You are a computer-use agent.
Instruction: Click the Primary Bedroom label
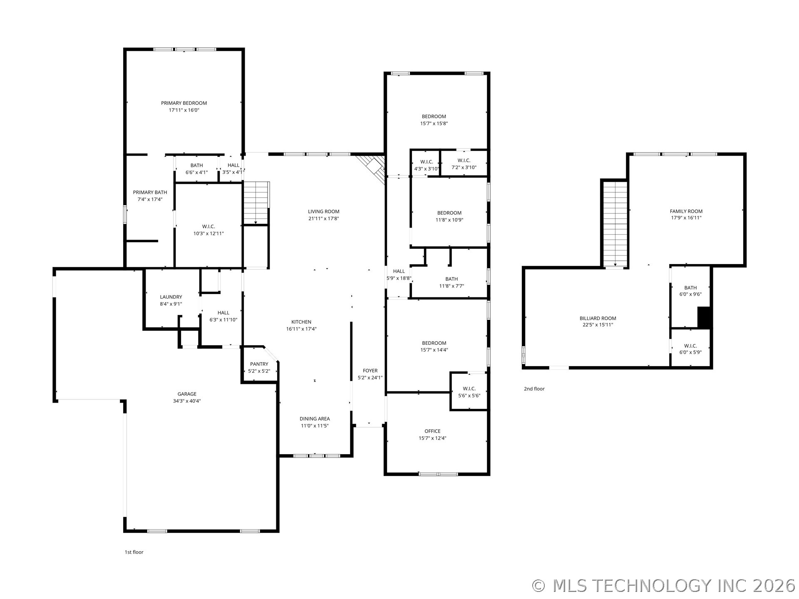point(184,103)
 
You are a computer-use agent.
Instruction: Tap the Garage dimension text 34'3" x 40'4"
point(187,401)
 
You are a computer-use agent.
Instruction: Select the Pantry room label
point(259,364)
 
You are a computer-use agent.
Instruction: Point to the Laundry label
point(171,297)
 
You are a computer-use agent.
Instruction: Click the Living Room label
point(324,211)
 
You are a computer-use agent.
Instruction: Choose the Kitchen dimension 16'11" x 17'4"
point(301,329)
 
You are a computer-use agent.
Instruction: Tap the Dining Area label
point(315,419)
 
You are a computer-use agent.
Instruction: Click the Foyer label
point(370,371)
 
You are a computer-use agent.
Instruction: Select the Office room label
point(432,431)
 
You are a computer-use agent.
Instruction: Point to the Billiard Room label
point(598,318)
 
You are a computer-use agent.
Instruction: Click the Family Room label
point(686,211)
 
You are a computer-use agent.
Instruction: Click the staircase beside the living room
point(256,203)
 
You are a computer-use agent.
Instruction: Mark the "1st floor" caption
point(134,552)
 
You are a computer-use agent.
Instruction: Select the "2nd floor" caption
point(534,389)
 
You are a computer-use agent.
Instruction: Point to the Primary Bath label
point(150,192)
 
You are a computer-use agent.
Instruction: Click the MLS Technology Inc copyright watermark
point(664,586)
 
